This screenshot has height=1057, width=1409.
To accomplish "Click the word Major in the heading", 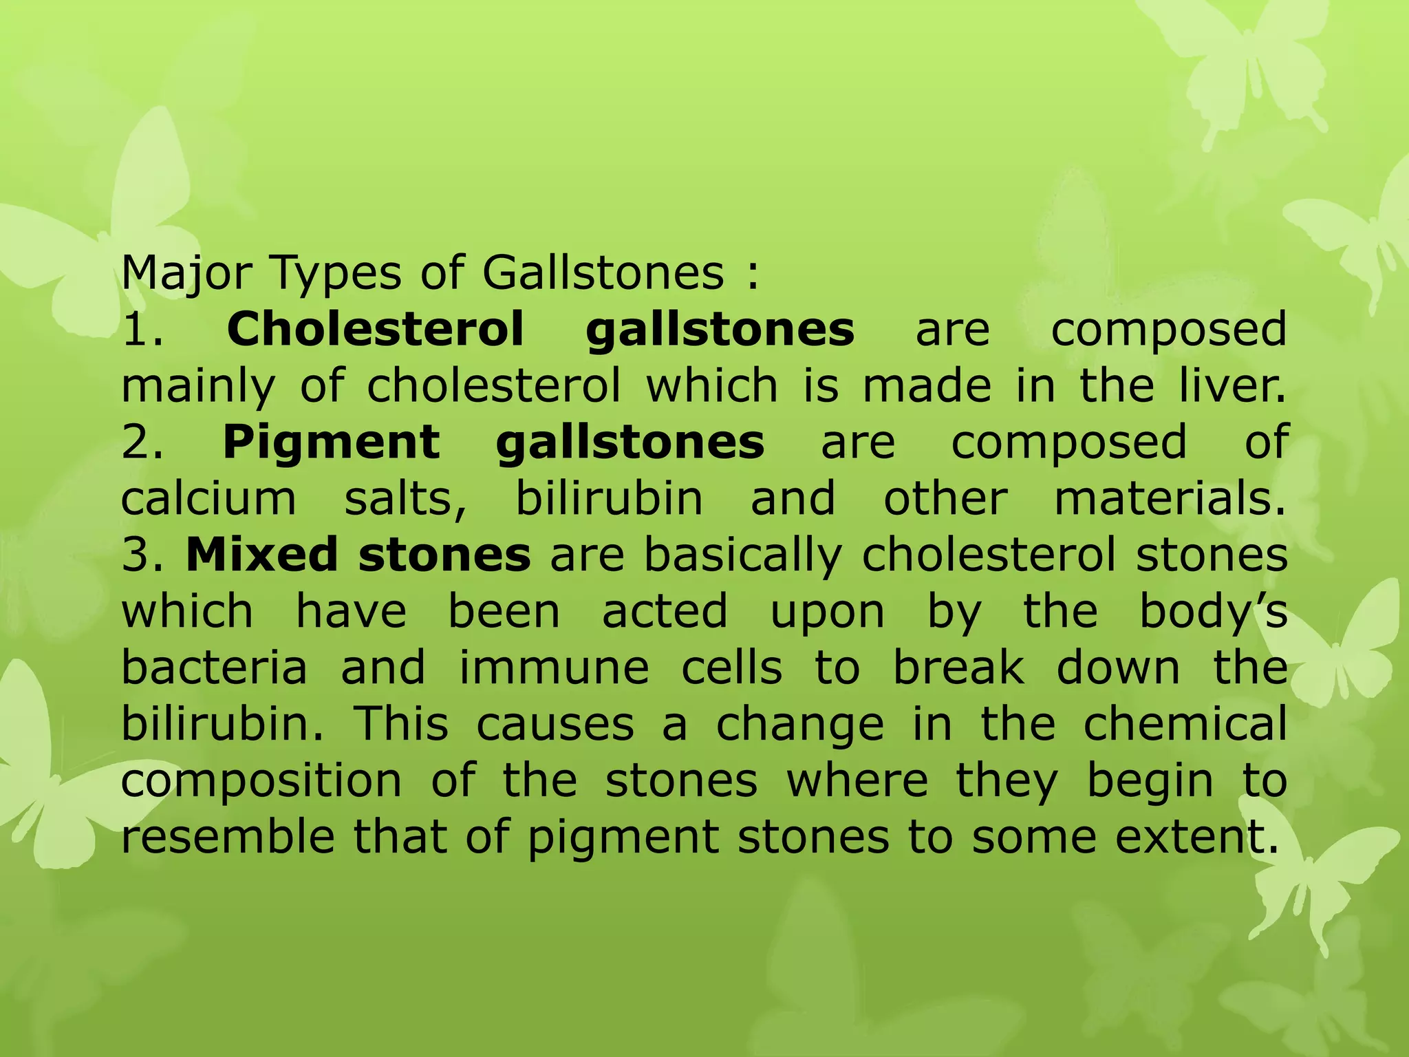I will click(186, 274).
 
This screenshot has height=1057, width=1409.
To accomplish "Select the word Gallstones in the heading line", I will click(603, 273).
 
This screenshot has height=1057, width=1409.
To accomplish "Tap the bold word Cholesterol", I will click(375, 329).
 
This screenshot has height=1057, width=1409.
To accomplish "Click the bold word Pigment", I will click(331, 442).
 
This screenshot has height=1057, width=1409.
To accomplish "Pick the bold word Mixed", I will click(261, 555).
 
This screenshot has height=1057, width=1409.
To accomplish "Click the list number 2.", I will click(142, 442).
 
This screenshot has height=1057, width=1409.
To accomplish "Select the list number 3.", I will click(142, 555).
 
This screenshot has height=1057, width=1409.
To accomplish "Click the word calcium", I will click(208, 498).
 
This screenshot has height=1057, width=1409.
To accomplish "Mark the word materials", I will click(1170, 498).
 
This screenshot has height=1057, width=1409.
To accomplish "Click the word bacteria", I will click(214, 668).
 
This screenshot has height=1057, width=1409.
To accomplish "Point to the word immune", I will click(554, 668).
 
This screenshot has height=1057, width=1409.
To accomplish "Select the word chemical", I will click(1185, 724).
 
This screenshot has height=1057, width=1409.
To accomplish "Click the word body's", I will click(1213, 611).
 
